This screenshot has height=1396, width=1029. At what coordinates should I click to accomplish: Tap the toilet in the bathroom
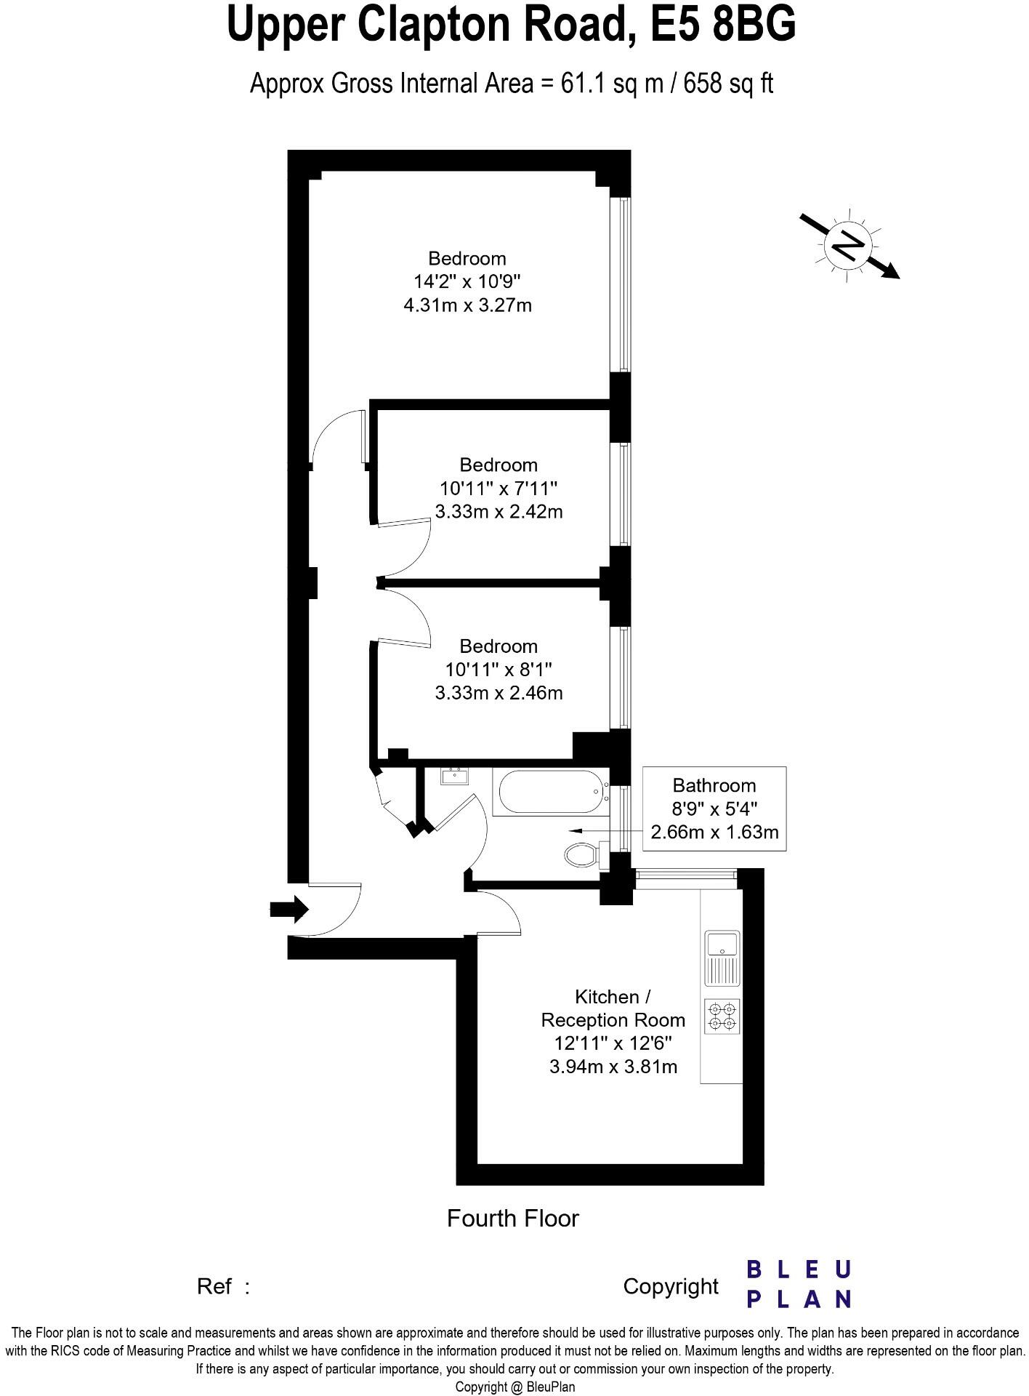[580, 854]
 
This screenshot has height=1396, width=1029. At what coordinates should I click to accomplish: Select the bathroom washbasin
[455, 777]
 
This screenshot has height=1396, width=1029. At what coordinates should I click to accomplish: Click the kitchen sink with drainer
[722, 958]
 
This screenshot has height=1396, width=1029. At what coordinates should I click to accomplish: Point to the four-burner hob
[722, 1016]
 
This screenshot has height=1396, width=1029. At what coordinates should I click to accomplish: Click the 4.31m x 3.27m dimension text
[467, 305]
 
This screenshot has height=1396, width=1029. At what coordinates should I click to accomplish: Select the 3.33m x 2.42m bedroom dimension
[499, 512]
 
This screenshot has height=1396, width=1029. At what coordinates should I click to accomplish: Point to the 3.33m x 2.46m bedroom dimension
[499, 693]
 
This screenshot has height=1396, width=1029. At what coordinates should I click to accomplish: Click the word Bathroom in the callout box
[714, 785]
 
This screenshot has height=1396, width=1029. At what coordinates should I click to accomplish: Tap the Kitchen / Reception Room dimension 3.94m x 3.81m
[613, 1067]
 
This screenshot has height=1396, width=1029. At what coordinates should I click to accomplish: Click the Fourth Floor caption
[512, 1219]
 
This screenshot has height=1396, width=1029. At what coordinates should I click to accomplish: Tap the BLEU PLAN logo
[799, 1285]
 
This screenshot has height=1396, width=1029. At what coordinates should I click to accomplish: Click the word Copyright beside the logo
[671, 1286]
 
